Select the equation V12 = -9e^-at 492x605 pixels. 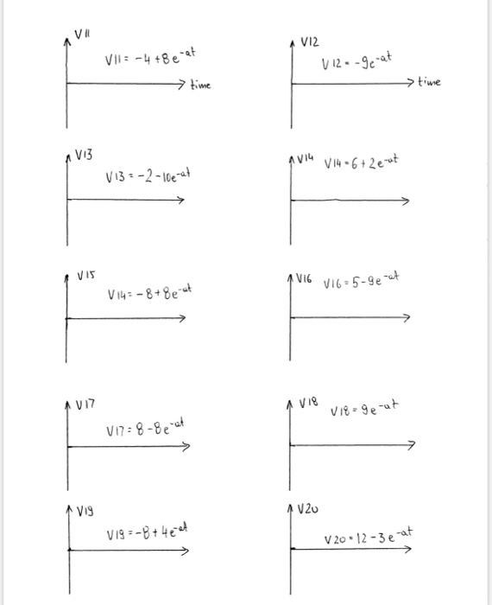click(x=356, y=61)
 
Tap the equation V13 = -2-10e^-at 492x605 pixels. click(x=148, y=175)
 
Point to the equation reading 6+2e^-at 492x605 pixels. click(x=361, y=162)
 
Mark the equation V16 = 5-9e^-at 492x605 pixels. click(x=362, y=281)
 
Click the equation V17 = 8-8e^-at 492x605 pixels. click(x=145, y=429)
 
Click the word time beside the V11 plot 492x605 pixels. click(x=199, y=86)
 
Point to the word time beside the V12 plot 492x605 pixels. click(x=428, y=82)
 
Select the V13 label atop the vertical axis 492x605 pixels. click(x=84, y=154)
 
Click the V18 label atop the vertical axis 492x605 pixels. click(x=308, y=402)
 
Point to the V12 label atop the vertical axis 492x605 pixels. click(x=310, y=41)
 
